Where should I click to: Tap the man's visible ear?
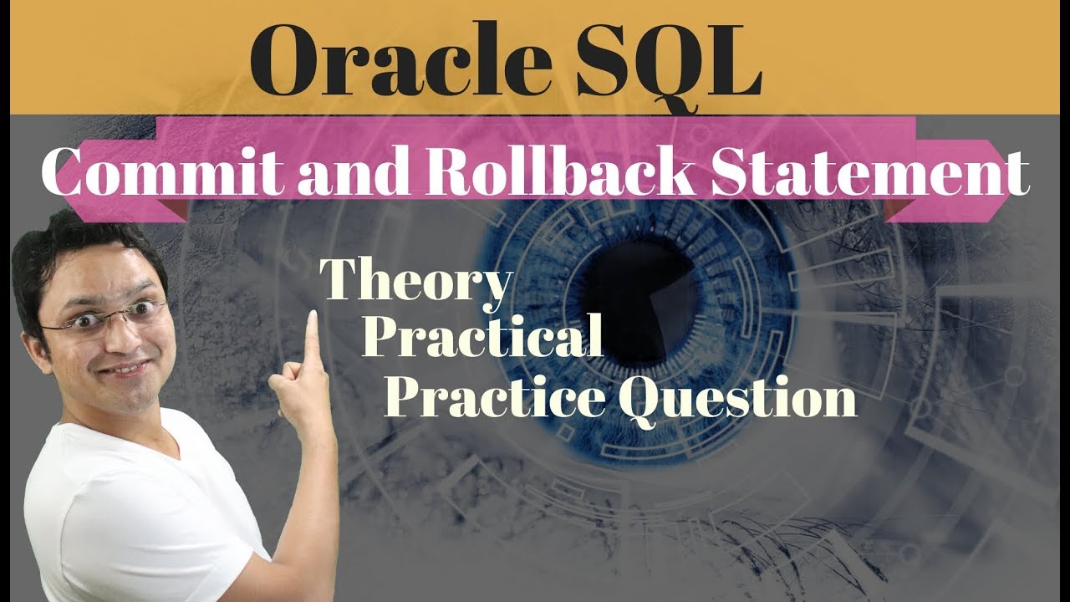pos(33,343)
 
